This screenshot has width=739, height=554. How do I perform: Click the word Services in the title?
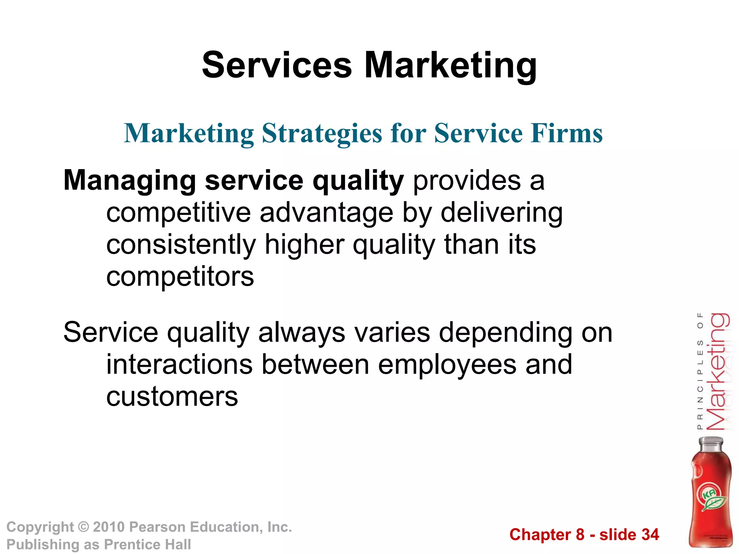coord(277,65)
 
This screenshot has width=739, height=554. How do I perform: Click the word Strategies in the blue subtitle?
coord(322,133)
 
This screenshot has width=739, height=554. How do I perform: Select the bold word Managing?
coord(130,181)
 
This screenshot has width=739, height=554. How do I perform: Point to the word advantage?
coord(326,212)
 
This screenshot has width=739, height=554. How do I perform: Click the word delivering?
coord(501,212)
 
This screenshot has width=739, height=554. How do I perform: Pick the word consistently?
coord(181,245)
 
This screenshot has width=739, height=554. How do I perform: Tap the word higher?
coord(304,245)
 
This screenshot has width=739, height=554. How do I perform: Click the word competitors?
coord(180,277)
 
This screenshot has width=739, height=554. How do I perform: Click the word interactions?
coord(179,364)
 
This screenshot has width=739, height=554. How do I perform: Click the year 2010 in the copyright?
coord(109,527)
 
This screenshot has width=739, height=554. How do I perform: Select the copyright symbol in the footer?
coord(83,527)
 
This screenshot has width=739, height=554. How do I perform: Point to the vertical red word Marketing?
coord(717,371)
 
